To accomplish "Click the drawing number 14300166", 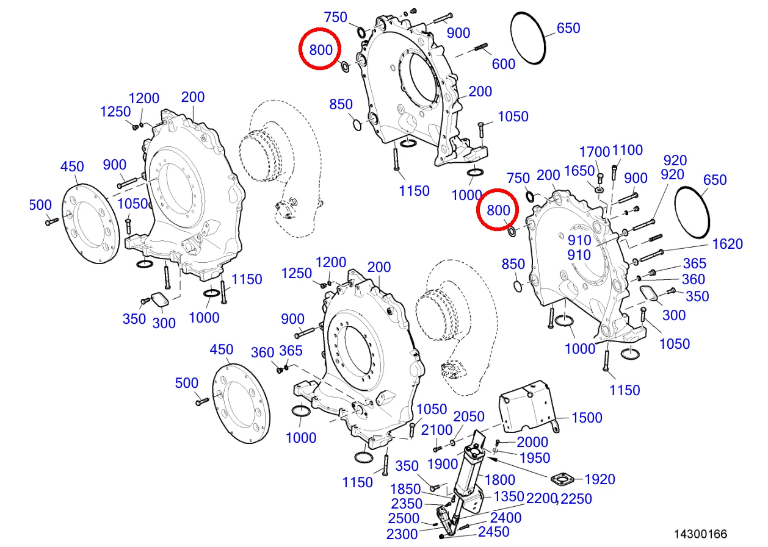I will (x=700, y=534).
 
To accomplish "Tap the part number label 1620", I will (x=728, y=244).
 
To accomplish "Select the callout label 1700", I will (x=595, y=151).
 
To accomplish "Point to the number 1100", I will (x=627, y=150).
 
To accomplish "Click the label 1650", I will (x=579, y=171).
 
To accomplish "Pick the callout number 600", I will (x=504, y=63).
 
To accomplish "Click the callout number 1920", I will (x=600, y=479).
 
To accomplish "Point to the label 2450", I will (x=493, y=532).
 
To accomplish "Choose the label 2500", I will (x=404, y=518).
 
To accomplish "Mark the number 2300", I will (x=402, y=534).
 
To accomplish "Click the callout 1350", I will (x=509, y=496).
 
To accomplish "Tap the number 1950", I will (x=535, y=457).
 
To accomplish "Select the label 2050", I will (x=468, y=417).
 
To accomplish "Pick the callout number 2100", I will (x=437, y=431).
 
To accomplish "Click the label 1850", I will (x=405, y=489).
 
